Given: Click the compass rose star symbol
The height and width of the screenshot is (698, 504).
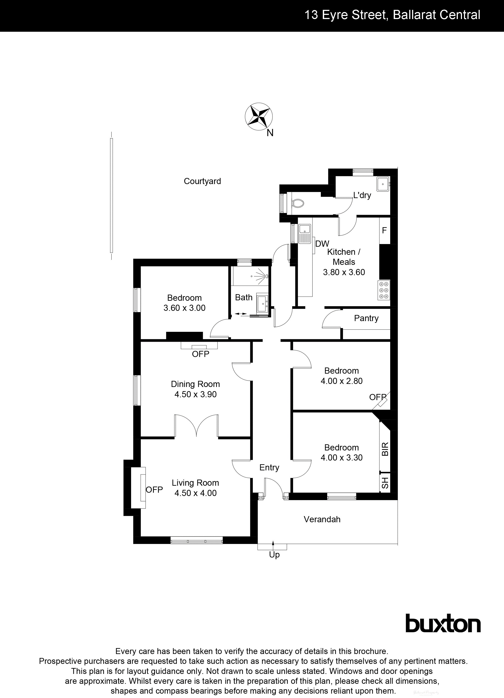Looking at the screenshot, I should (x=258, y=116).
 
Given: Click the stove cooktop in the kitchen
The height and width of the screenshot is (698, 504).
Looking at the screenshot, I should (x=384, y=290).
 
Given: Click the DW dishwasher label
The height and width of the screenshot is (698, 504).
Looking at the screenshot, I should (x=322, y=244).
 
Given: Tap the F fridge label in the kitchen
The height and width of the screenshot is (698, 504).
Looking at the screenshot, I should (x=384, y=230).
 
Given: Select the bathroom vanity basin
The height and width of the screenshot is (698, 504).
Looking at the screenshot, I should (x=262, y=304).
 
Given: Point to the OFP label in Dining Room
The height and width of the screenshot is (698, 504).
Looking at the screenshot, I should (x=200, y=354).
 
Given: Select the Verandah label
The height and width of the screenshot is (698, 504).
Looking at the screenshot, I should (x=322, y=519).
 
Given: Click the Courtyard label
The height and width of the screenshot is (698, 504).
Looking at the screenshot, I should (x=202, y=181).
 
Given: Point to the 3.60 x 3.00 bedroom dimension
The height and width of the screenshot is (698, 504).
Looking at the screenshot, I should (x=184, y=308).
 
